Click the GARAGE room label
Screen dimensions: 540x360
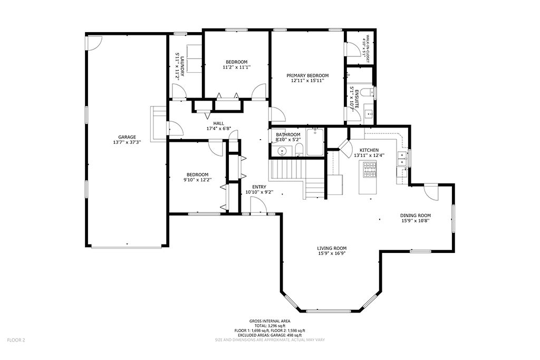(127, 137)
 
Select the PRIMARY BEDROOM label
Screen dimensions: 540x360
(307, 75)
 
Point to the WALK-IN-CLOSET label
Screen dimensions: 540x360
(368, 48)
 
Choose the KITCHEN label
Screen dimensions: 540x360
(369, 150)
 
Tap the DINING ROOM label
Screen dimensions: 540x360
(416, 216)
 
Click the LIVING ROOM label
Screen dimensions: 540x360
(332, 248)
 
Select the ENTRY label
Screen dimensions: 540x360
(259, 187)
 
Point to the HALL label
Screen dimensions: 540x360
(218, 123)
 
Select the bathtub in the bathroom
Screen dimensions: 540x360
(315, 142)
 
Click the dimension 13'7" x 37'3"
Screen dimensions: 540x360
(127, 142)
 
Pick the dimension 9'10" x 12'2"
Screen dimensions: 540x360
(197, 179)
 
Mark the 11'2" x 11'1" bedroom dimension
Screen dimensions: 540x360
(236, 67)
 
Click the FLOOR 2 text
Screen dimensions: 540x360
(16, 340)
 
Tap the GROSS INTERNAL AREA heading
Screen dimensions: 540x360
(269, 321)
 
